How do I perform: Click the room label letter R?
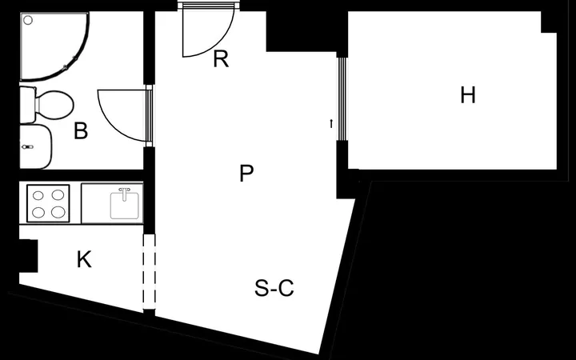[x=221, y=59]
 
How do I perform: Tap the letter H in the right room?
[x=468, y=95]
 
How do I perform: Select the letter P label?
[x=246, y=174]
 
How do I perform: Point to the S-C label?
[x=274, y=288]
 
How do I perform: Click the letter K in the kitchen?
[x=84, y=260]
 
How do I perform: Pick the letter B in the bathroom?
[x=81, y=130]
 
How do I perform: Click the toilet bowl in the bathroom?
[x=54, y=106]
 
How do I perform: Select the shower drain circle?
[x=28, y=20]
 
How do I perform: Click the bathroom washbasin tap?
[x=27, y=147]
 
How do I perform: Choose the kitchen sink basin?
[x=125, y=206]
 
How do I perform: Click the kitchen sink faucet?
[x=125, y=194]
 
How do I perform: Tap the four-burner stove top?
[x=48, y=203]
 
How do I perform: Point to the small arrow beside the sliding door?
[x=331, y=124]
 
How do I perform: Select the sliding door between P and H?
[x=342, y=99]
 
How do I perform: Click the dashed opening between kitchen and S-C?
[x=149, y=272]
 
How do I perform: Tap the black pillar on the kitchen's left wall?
[x=28, y=256]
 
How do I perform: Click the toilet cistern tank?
[x=27, y=105]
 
